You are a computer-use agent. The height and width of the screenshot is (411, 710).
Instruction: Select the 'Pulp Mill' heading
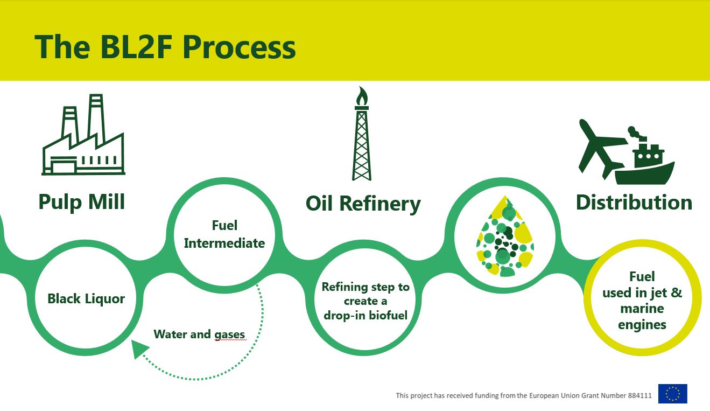(82, 202)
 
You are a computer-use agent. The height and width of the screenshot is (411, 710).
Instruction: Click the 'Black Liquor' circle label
(86, 298)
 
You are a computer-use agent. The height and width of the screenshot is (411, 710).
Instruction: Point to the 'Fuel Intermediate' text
(224, 234)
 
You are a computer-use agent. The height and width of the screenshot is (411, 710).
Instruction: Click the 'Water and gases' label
(199, 335)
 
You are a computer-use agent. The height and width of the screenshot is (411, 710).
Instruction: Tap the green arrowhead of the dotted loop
(140, 349)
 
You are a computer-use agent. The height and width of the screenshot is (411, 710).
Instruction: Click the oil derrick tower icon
(362, 143)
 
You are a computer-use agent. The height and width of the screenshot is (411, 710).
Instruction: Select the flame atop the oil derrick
(362, 95)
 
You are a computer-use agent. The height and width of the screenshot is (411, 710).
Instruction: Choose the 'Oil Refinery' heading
(363, 204)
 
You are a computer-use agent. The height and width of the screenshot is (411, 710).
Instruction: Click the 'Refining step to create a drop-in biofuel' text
(365, 301)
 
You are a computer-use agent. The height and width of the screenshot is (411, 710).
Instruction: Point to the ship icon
(645, 159)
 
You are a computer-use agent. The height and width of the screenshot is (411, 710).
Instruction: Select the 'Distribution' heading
(634, 203)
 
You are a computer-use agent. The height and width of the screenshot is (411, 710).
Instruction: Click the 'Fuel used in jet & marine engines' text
(642, 301)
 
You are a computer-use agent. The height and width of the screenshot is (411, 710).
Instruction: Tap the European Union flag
(672, 394)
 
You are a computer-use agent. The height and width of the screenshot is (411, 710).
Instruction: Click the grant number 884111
(639, 395)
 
